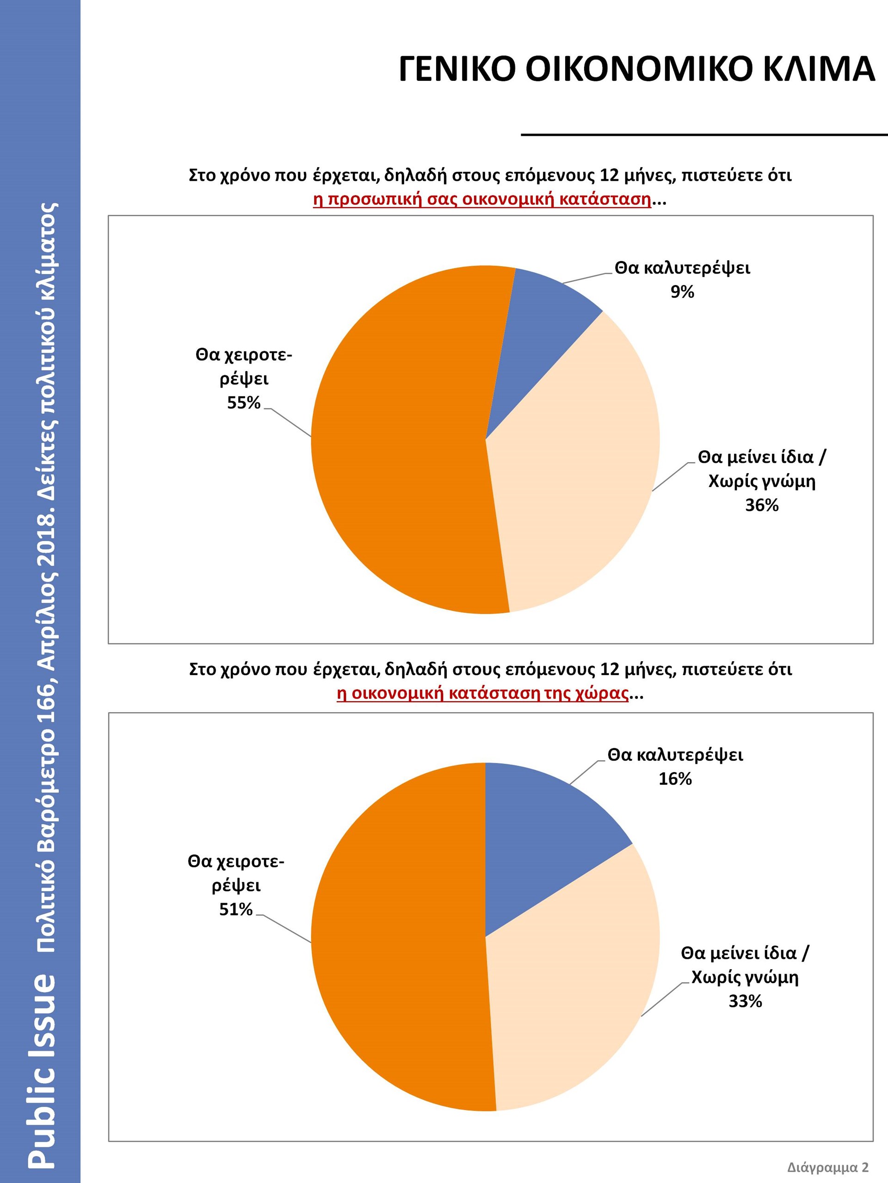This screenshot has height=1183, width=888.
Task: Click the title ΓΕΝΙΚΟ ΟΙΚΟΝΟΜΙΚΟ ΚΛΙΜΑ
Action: point(636,69)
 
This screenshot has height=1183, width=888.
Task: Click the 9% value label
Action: point(683,292)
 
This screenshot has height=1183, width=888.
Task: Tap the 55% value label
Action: point(244,402)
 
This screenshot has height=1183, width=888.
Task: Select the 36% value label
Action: point(762,506)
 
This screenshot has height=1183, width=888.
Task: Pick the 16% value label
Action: point(675,779)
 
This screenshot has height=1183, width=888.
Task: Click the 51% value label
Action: point(235,909)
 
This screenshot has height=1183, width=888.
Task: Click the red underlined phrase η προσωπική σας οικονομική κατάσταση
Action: point(482,200)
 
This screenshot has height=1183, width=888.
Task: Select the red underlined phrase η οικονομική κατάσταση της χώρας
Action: point(482,694)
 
